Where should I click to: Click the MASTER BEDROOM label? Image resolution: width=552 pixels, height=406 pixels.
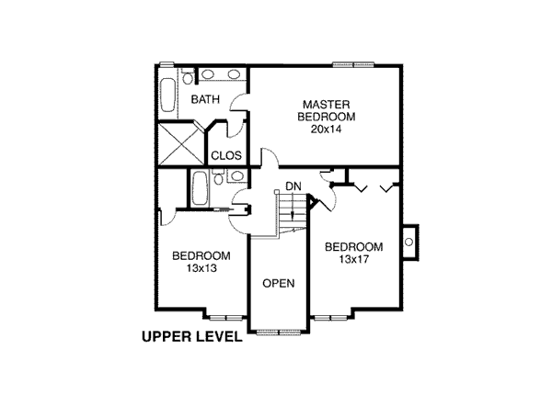(327, 110)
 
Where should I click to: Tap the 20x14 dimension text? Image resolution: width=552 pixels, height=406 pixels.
(326, 130)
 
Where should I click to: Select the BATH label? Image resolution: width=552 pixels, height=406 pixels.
(205, 99)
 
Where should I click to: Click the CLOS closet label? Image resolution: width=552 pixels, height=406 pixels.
(226, 155)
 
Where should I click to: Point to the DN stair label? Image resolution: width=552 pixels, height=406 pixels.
(293, 186)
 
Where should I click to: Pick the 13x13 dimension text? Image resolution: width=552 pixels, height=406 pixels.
(201, 268)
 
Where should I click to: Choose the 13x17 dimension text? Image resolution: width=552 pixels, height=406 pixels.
(354, 259)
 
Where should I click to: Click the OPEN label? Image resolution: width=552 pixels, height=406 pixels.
(279, 283)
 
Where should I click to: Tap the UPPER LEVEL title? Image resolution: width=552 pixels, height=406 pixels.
(192, 337)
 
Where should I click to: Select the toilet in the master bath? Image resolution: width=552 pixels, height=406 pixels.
(188, 76)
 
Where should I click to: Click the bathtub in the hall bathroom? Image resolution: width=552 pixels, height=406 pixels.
(200, 189)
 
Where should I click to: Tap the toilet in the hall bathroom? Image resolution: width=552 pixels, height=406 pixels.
(218, 176)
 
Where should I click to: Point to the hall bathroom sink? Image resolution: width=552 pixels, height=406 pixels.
(237, 175)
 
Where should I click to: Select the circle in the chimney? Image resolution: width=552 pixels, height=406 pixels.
(408, 242)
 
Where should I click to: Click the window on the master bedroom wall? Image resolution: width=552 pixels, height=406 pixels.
(353, 64)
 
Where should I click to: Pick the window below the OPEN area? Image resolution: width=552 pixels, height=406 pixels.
(279, 333)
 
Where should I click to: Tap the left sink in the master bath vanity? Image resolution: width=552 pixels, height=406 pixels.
(207, 74)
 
